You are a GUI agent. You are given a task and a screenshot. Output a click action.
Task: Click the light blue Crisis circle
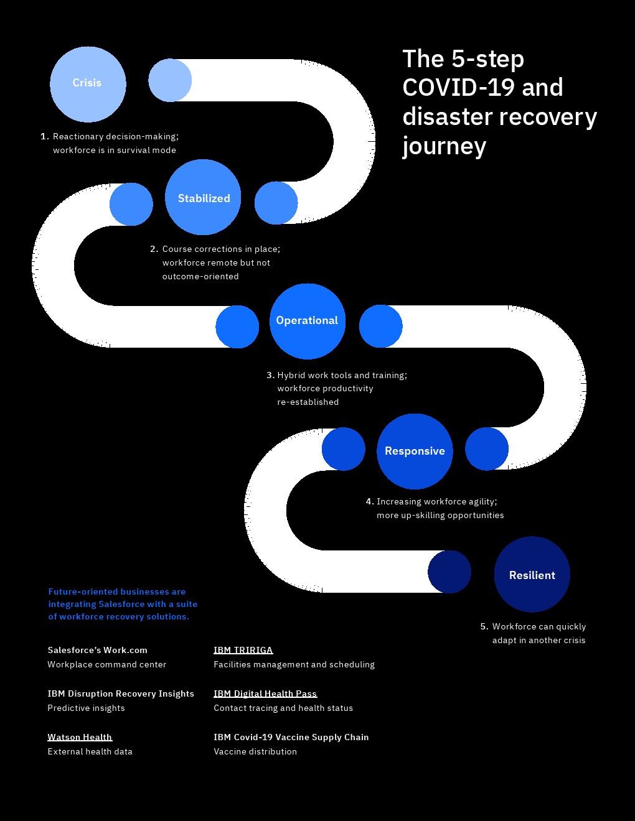point(88,84)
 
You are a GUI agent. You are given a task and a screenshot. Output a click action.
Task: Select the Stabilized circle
point(203,197)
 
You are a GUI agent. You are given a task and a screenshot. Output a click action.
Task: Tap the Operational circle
point(307,321)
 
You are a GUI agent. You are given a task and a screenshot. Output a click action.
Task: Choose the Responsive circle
point(415,451)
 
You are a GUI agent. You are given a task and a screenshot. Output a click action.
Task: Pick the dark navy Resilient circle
point(532,574)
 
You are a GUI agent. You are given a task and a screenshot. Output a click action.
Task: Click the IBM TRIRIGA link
point(243,650)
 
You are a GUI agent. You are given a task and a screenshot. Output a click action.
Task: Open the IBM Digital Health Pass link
point(265,693)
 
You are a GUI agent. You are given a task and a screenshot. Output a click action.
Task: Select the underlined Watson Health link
point(80,737)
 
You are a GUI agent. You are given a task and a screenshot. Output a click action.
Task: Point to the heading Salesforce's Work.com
point(97,650)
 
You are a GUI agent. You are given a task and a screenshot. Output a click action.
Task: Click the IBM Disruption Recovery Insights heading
point(121,693)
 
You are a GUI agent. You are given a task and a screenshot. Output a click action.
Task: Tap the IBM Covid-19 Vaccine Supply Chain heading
point(291,737)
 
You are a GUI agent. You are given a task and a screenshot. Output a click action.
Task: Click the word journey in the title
point(444,147)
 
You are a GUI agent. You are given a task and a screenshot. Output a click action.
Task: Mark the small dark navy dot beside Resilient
point(449,572)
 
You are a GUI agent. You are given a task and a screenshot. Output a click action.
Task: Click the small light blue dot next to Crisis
point(170,80)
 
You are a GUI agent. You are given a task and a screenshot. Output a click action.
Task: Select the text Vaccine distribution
point(255,751)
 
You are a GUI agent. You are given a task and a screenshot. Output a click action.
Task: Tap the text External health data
point(90,751)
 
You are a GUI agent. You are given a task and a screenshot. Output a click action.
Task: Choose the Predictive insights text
point(86,708)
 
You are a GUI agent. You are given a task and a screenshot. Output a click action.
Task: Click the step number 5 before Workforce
point(484,626)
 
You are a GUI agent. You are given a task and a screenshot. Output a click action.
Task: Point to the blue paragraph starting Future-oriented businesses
point(123,604)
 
